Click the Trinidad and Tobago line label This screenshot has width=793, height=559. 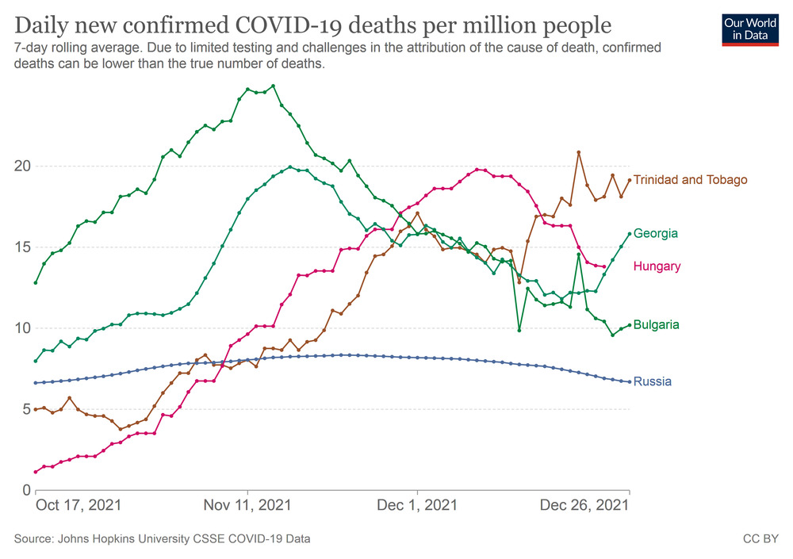coord(690,180)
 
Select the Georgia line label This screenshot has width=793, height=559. coord(655,234)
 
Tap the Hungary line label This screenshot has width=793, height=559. coord(657,266)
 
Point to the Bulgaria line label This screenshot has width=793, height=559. coord(656,325)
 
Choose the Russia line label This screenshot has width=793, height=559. coord(653,381)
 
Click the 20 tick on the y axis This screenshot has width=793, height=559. coord(21,167)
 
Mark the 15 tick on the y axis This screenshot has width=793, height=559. coord(21,247)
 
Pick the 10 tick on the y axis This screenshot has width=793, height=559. coord(21,328)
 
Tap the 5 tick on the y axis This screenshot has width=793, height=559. coord(25,409)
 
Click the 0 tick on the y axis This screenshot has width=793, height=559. coord(25,490)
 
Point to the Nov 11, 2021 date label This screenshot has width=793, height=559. coord(247,505)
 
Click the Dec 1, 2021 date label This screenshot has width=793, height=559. coord(417,505)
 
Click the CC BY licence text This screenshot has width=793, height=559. coord(760,539)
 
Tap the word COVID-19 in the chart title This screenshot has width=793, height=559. coord(320,25)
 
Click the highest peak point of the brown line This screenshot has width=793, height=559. coord(579,152)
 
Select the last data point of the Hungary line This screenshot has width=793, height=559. coord(604,267)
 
